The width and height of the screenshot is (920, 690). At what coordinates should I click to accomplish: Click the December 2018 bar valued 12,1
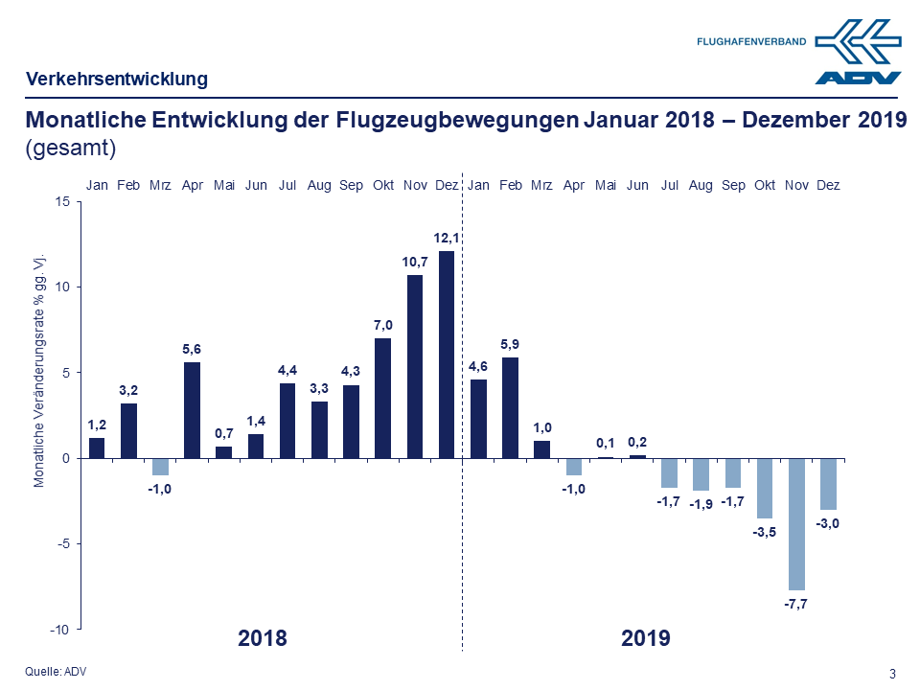click(x=447, y=355)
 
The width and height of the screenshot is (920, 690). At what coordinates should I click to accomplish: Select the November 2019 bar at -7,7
click(x=797, y=524)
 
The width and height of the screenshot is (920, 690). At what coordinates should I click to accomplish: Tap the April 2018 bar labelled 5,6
click(x=192, y=410)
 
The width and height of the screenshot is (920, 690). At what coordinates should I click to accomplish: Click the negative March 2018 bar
click(x=160, y=467)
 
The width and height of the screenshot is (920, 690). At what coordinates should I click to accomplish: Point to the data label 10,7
click(x=415, y=262)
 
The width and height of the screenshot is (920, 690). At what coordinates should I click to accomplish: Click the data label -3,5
click(x=766, y=532)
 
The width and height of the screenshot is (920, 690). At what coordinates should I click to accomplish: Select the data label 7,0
click(x=383, y=325)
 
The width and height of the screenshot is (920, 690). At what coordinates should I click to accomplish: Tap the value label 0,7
click(x=223, y=433)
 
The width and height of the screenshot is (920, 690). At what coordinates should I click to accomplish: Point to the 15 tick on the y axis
click(x=61, y=201)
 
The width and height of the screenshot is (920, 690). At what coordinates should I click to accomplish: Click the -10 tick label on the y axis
click(x=58, y=630)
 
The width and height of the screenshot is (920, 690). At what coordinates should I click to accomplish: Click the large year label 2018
click(x=262, y=638)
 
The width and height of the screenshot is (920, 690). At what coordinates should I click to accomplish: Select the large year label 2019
click(x=645, y=638)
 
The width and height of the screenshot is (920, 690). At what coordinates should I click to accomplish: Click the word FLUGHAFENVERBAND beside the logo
click(x=752, y=42)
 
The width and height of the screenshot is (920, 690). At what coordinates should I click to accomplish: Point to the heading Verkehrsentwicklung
click(x=117, y=80)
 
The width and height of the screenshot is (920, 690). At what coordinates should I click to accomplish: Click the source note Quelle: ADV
click(x=55, y=672)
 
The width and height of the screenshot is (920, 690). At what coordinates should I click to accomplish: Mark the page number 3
click(x=892, y=673)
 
